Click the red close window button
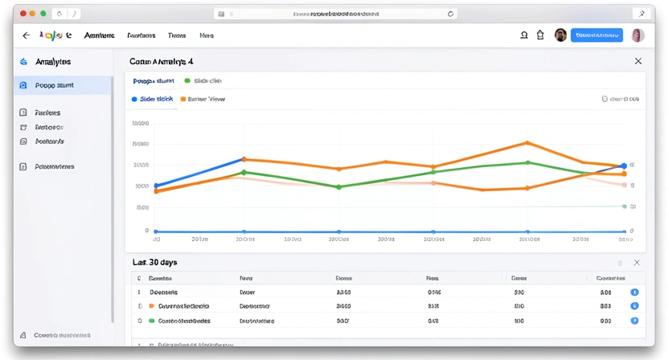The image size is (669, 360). (23, 14)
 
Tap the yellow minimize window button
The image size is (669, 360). (33, 14)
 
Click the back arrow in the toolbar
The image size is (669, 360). (26, 35)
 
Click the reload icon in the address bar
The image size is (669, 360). (450, 14)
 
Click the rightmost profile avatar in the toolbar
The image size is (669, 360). (638, 35)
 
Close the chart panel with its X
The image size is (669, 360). (638, 61)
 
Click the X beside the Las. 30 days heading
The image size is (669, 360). (637, 263)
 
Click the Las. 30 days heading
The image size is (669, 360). (155, 263)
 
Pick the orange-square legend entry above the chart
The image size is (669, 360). (203, 99)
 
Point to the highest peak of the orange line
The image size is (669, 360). (527, 143)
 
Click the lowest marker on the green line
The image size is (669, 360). (339, 187)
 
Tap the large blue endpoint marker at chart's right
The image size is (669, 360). (623, 166)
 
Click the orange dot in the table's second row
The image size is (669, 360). (151, 306)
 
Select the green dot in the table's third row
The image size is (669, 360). (151, 320)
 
